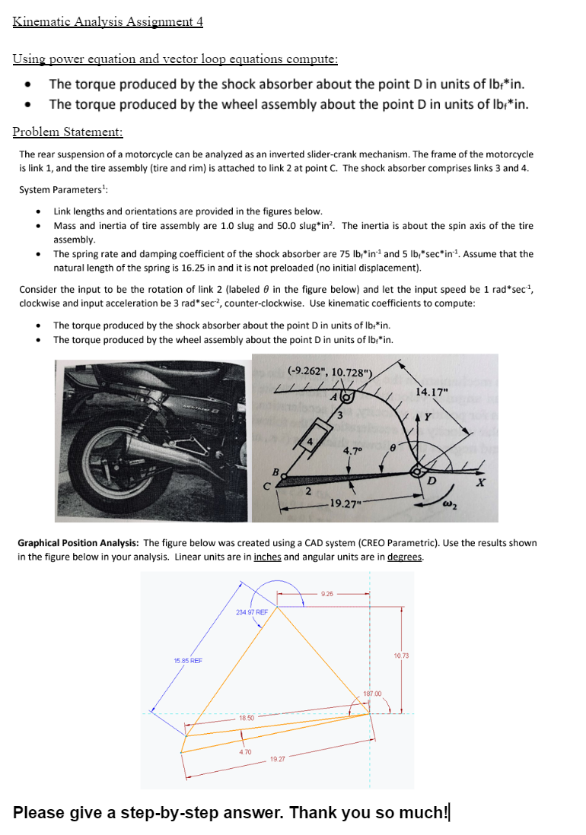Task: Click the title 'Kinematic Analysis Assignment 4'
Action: [107, 21]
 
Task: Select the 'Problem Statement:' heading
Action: [68, 132]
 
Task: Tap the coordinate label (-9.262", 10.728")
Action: [330, 371]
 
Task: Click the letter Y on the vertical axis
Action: [428, 416]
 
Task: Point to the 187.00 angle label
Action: [371, 693]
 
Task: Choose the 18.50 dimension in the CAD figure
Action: [246, 717]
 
